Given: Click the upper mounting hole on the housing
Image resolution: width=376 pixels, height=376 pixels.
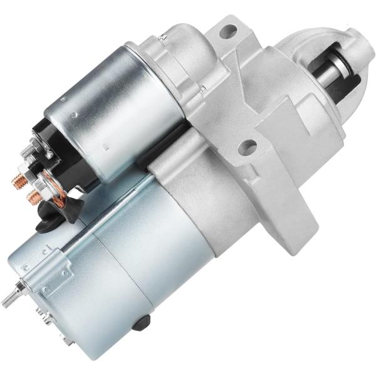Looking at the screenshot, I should coord(229,29).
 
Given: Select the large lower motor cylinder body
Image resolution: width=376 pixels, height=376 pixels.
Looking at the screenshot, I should coord(125,276).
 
